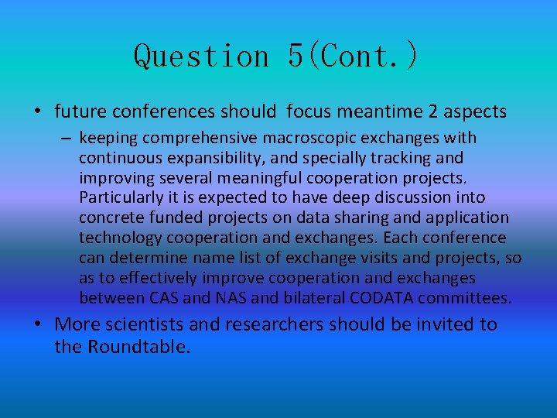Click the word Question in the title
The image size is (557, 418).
coord(201,56)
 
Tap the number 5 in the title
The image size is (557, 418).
coord(296,56)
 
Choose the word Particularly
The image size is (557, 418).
coord(118,198)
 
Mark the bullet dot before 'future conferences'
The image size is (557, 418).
coord(37,111)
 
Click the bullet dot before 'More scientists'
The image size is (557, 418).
coord(37,324)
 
